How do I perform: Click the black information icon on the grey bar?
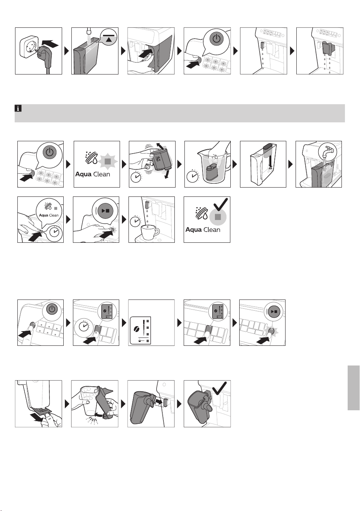[18, 108]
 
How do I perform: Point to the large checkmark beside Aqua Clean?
[221, 204]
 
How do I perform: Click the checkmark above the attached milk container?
[219, 387]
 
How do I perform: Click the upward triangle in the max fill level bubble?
[109, 39]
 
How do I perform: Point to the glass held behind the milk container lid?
[89, 400]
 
